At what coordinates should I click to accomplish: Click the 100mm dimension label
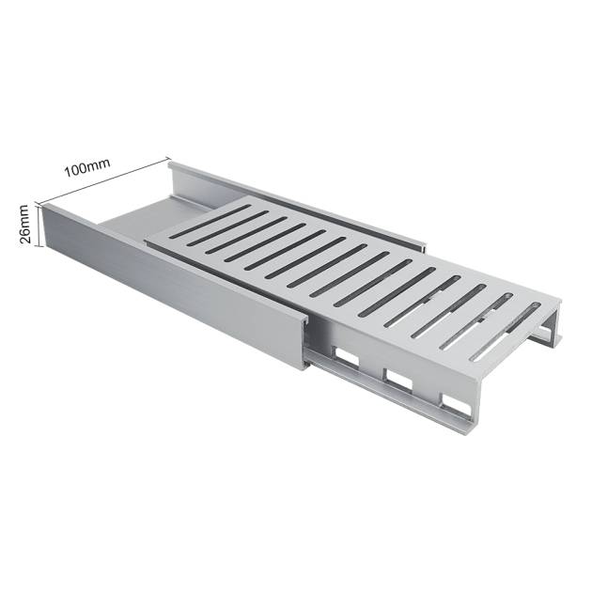pyautogui.click(x=87, y=167)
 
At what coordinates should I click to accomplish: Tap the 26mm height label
pyautogui.click(x=23, y=224)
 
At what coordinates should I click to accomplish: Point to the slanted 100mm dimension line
pyautogui.click(x=102, y=181)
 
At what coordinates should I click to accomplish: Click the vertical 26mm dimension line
pyautogui.click(x=39, y=226)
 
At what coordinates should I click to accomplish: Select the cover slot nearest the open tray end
pyautogui.click(x=210, y=221)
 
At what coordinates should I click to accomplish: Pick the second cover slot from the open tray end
pyautogui.click(x=228, y=228)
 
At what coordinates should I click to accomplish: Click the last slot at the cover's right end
pyautogui.click(x=506, y=331)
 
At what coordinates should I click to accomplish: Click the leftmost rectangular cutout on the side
pyautogui.click(x=346, y=357)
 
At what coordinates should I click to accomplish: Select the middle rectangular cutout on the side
pyautogui.click(x=397, y=380)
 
